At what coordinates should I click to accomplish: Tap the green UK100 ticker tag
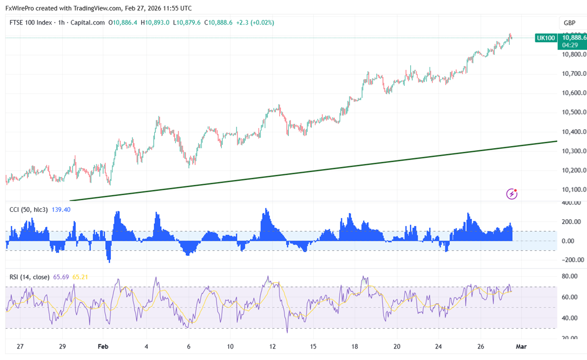(546, 38)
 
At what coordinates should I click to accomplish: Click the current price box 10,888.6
(573, 38)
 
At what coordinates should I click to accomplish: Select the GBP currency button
(569, 23)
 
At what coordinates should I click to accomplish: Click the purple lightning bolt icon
(512, 194)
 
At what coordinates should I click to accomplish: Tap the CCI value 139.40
(62, 209)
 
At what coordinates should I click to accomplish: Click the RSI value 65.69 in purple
(62, 277)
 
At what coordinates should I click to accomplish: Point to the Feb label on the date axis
(103, 347)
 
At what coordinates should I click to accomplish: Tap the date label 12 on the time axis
(273, 347)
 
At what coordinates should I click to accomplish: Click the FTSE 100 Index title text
(31, 22)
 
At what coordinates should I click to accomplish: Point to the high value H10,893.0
(157, 22)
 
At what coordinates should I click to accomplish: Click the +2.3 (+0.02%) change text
(255, 22)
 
